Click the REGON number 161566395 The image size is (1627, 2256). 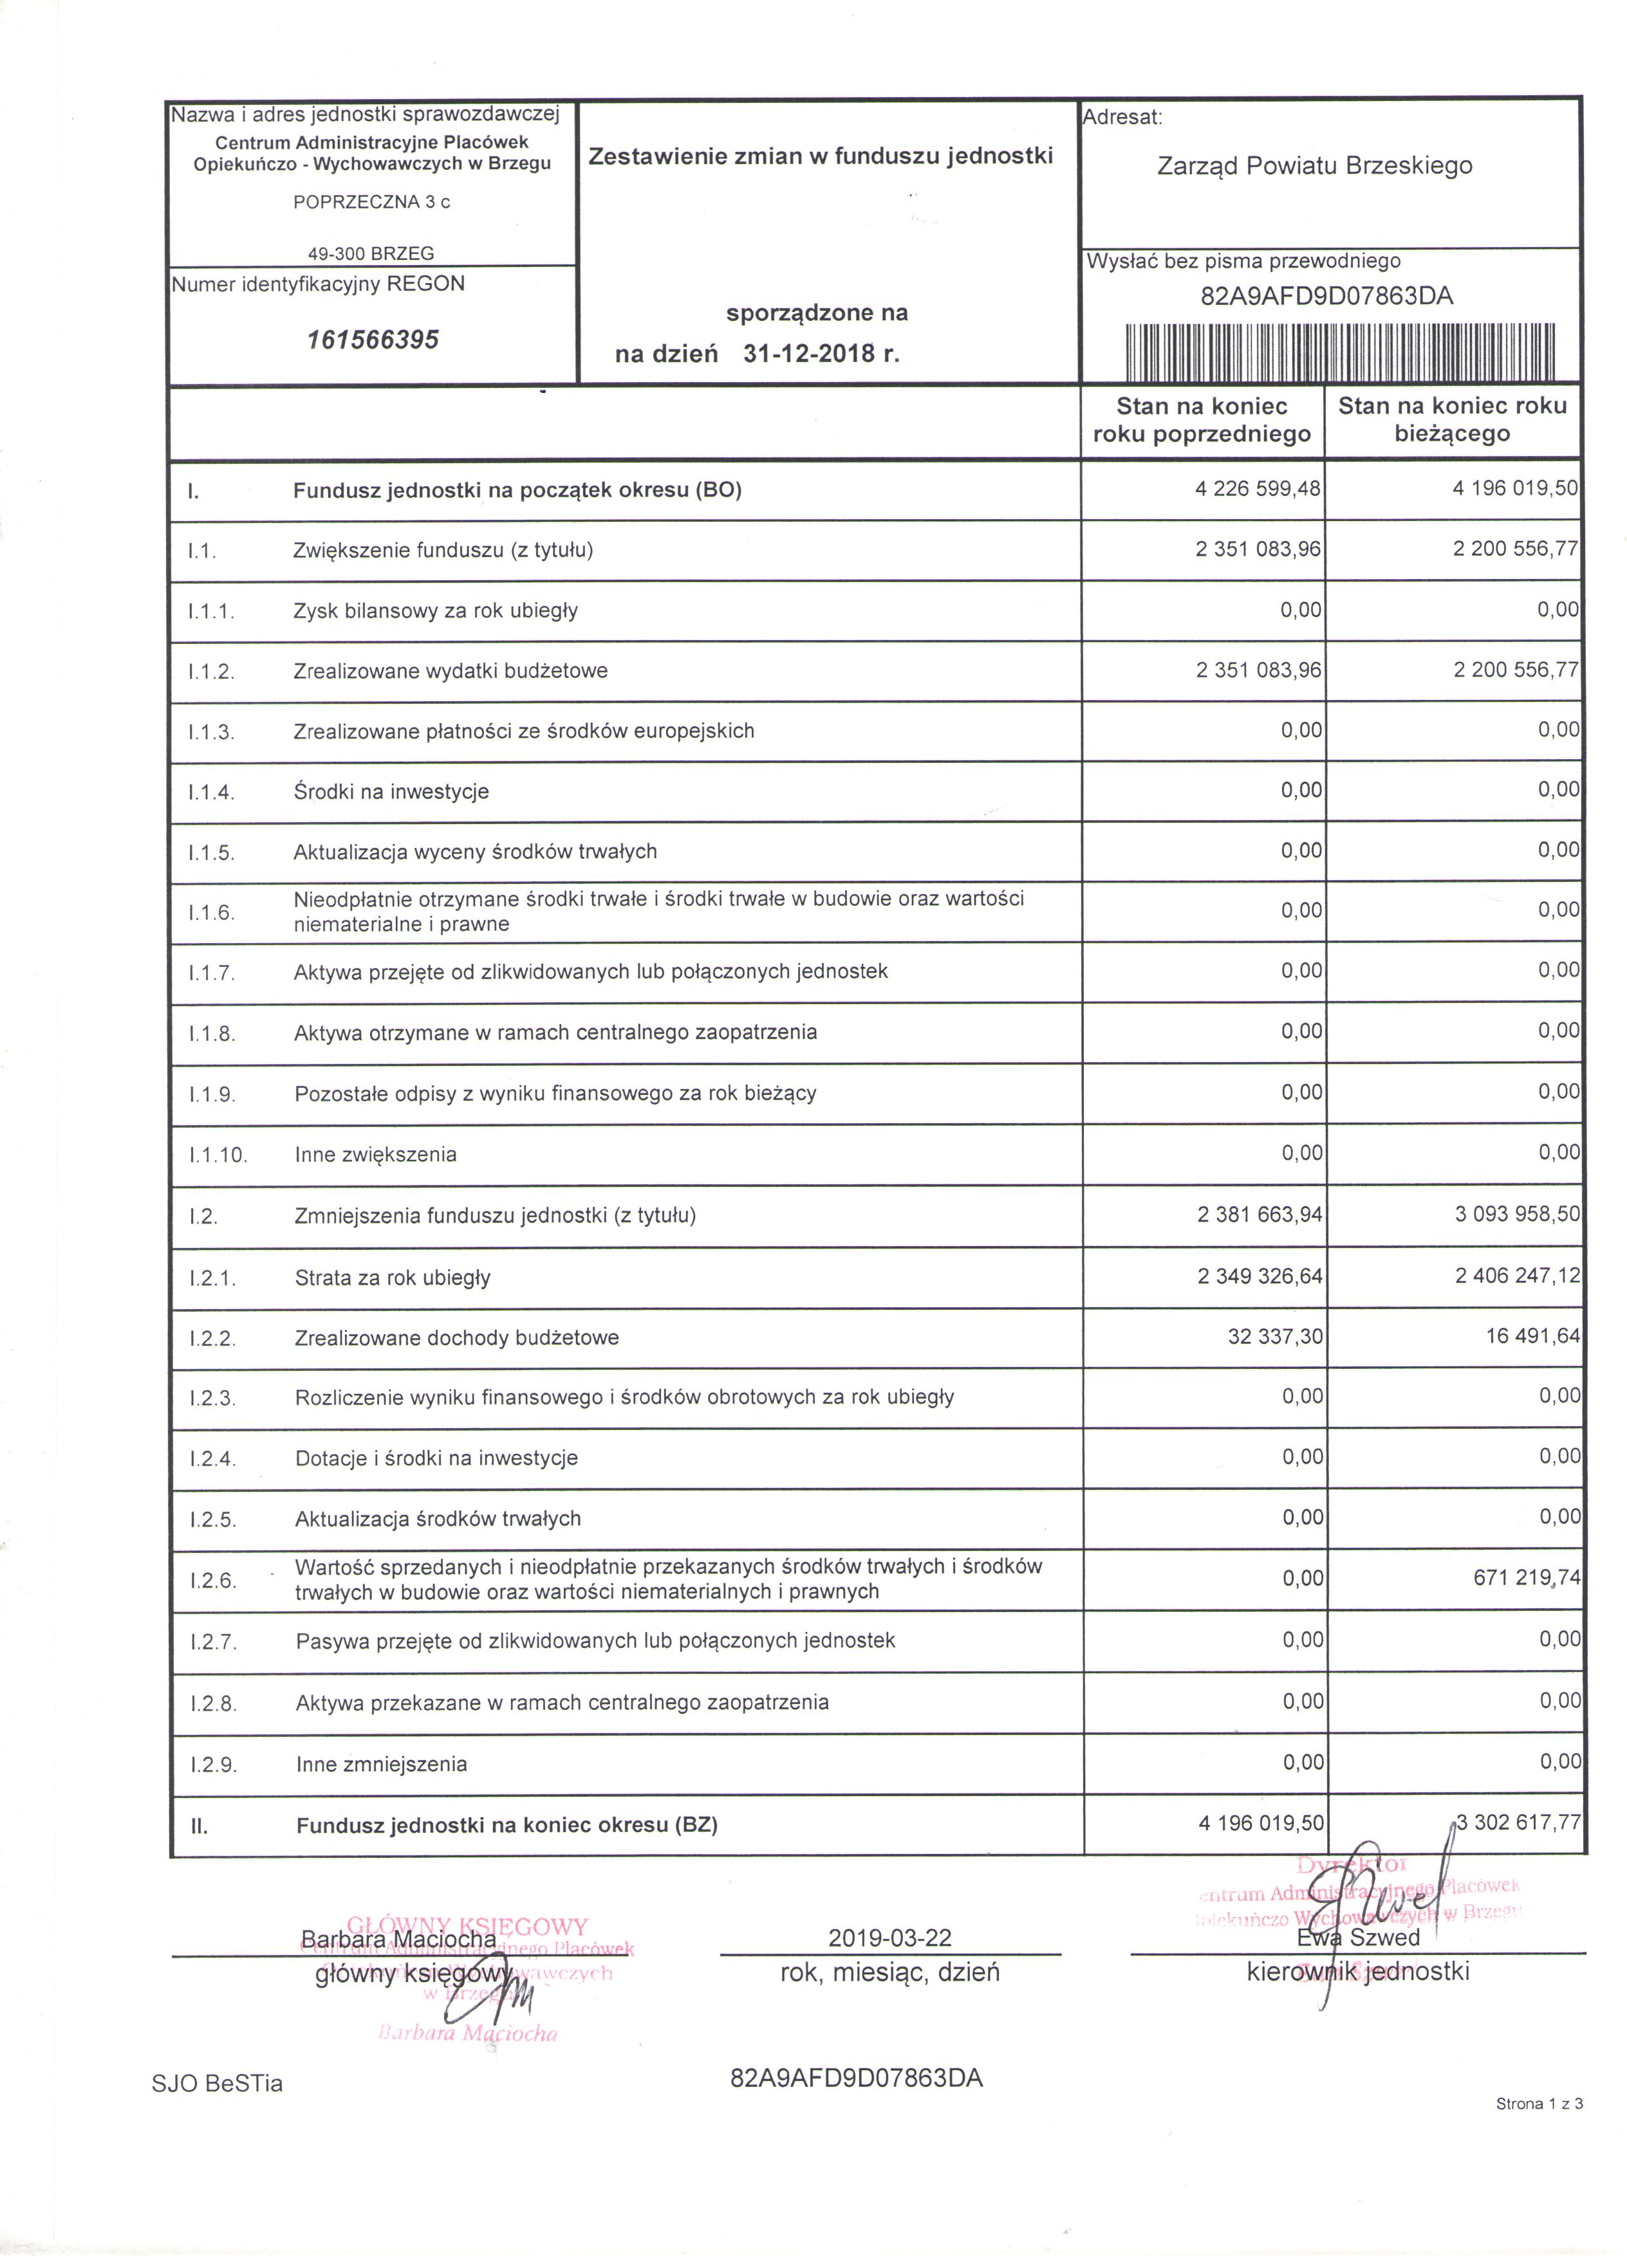[373, 340]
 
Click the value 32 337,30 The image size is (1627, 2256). [1275, 1337]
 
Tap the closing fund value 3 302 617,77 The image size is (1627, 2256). [1518, 1822]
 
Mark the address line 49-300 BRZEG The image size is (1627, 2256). [371, 253]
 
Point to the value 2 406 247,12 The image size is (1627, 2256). [1516, 1275]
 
